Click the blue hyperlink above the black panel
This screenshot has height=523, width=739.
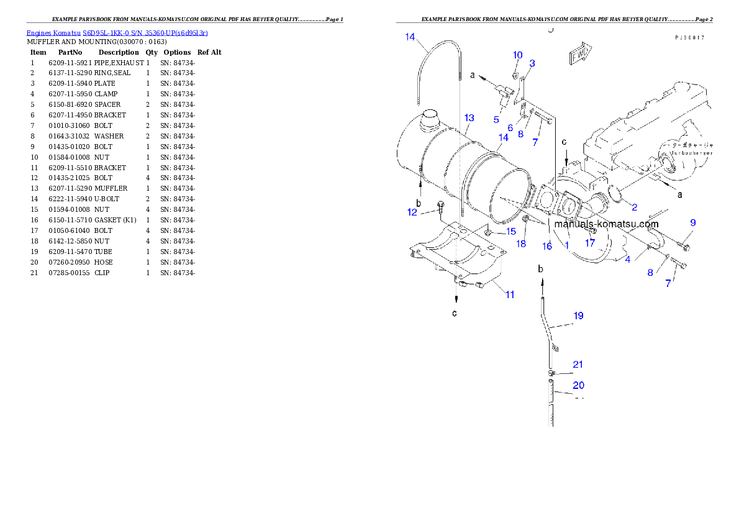pos(117,33)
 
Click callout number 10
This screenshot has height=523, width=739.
pos(518,55)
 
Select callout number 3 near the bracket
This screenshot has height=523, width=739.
pos(532,63)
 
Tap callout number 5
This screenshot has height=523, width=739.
pos(496,119)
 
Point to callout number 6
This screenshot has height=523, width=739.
pos(510,127)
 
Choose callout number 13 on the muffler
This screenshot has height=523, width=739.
pos(469,117)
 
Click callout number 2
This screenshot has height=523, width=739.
pos(634,207)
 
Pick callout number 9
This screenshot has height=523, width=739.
pos(692,222)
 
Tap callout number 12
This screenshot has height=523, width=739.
pos(412,212)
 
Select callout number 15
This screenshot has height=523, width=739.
pos(510,231)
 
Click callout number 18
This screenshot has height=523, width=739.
pos(521,244)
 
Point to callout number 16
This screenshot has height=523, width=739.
pos(547,246)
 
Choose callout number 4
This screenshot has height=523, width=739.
pos(628,259)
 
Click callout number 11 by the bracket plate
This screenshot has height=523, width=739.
pos(509,294)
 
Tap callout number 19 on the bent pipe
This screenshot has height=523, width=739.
pos(578,316)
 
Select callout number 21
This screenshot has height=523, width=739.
pos(578,365)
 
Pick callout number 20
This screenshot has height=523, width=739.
pos(578,385)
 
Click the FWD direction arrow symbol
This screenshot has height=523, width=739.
pos(579,55)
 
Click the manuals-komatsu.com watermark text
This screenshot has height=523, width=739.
pos(606,224)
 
